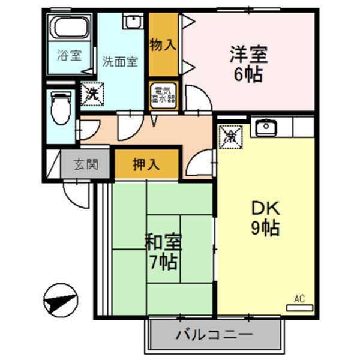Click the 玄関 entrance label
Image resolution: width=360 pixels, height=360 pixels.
[x=85, y=163]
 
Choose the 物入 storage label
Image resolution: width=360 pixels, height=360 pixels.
[x=163, y=46]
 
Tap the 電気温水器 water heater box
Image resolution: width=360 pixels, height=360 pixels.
[x=163, y=94]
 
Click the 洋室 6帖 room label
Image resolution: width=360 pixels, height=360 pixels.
[x=248, y=65]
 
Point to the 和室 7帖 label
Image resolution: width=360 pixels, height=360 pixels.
[x=163, y=252]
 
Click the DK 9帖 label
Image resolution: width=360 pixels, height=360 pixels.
[x=266, y=218]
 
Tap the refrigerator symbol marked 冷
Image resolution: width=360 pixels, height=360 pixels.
[x=232, y=134]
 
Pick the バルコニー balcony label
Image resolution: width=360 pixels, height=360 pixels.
[x=214, y=334]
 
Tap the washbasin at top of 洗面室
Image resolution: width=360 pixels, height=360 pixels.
[x=131, y=21]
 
